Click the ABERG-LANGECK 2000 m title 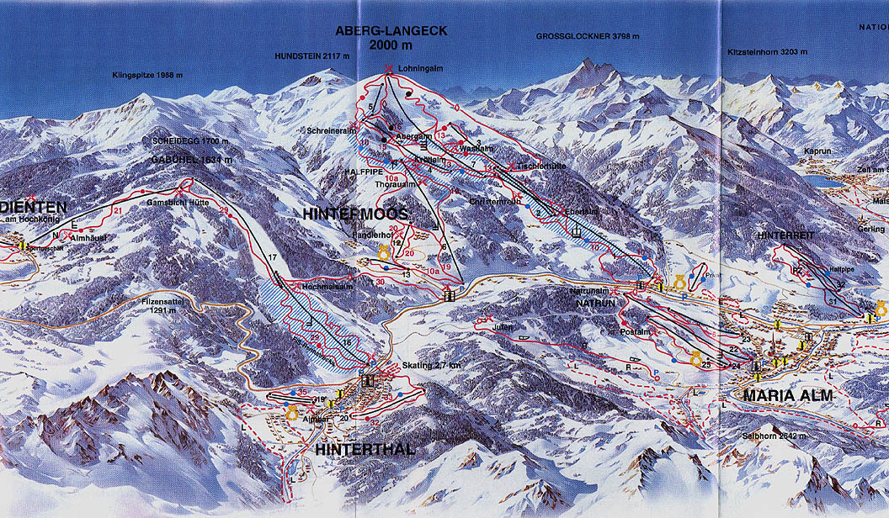click(x=391, y=38)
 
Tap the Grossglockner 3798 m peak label click(x=588, y=37)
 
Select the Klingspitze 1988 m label click(x=147, y=76)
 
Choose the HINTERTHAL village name click(x=365, y=450)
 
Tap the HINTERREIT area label click(x=785, y=236)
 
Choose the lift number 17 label click(x=272, y=256)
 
